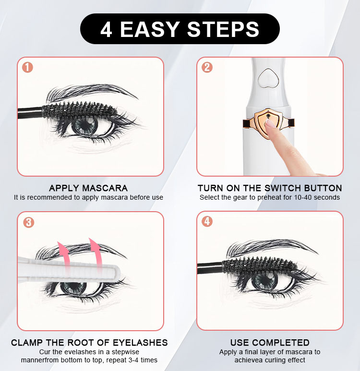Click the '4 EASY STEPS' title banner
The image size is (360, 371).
180,29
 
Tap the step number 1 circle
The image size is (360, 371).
27,68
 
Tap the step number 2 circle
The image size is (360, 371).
207,68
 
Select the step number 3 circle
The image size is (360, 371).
29,222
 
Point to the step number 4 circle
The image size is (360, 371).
207,221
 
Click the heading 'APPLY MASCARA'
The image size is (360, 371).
88,188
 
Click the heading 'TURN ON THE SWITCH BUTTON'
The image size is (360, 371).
270,188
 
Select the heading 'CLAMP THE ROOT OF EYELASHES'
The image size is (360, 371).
89,343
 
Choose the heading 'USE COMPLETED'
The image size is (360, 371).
270,343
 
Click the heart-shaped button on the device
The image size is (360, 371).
268,78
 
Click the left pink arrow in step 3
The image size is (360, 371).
63,257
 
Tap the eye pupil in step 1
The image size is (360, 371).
86,125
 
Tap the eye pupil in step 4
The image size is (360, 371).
265,281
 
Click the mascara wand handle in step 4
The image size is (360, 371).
209,268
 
